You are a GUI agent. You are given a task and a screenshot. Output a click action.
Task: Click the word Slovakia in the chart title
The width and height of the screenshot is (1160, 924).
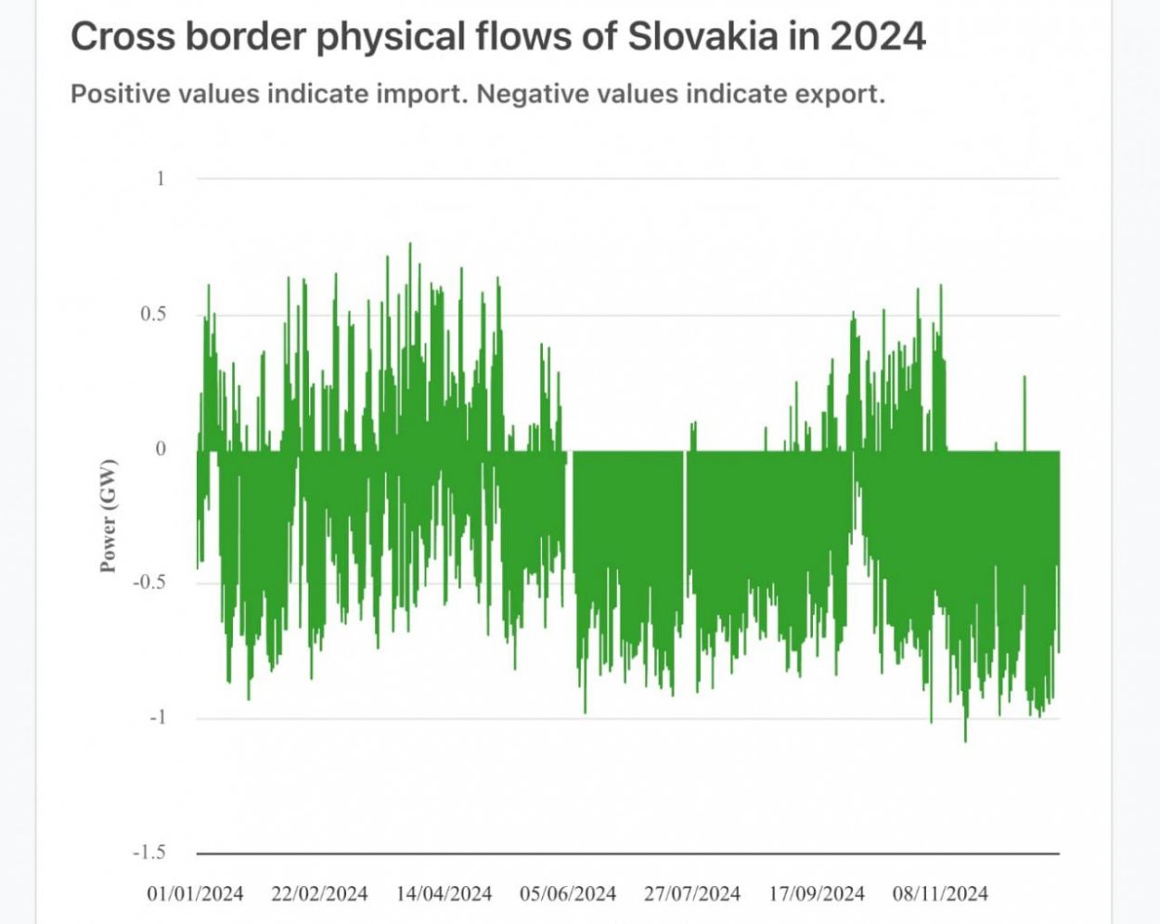[702, 37]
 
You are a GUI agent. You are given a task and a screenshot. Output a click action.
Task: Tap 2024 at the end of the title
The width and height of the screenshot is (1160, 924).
[877, 37]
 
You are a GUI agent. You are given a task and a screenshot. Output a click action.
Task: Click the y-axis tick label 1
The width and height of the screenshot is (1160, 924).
[161, 178]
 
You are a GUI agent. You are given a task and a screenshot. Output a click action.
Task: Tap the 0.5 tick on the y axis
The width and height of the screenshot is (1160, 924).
[153, 314]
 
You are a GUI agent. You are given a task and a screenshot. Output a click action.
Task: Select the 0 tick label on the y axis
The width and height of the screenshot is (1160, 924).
[161, 449]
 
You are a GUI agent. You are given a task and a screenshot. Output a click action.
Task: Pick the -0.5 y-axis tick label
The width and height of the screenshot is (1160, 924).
[149, 583]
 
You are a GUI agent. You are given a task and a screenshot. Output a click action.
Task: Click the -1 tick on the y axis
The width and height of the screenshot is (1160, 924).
[157, 718]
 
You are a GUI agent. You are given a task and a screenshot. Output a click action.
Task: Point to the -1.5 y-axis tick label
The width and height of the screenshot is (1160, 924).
[149, 852]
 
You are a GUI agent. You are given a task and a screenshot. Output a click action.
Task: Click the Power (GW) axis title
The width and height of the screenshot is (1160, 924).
[109, 516]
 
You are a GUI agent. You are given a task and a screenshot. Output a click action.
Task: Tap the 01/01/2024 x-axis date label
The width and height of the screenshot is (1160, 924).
[195, 894]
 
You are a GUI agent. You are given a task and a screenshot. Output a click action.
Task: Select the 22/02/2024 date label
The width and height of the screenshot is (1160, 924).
[319, 894]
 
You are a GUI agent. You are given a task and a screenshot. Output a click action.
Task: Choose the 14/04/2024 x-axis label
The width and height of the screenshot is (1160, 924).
[444, 894]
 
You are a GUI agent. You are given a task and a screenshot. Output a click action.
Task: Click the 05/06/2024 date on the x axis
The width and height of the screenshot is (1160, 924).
[568, 894]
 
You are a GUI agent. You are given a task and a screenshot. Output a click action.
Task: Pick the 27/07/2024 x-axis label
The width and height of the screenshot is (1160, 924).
[692, 894]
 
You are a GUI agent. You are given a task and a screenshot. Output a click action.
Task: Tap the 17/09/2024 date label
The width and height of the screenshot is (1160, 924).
[817, 894]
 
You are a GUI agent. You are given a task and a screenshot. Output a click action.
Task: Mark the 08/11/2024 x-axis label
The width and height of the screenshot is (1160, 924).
[940, 894]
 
